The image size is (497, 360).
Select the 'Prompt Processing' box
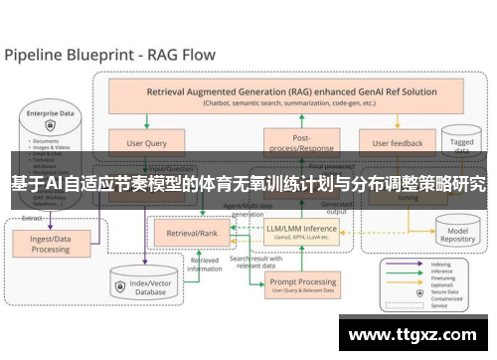(x=302, y=286)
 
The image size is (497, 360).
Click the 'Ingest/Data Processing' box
(x=50, y=243)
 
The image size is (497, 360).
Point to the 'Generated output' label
(x=338, y=209)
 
